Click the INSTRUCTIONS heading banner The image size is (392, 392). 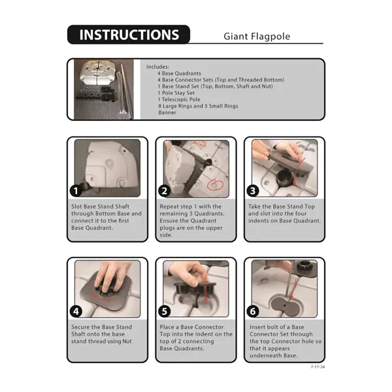129,35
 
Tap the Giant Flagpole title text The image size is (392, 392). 257,37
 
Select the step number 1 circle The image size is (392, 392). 76,191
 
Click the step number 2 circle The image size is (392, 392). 164,191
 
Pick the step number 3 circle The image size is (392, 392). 253,191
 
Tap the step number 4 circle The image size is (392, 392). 76,312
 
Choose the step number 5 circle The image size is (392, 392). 164,312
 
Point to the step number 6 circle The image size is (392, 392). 253,312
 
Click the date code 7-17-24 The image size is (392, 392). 318,367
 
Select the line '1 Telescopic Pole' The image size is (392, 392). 179,99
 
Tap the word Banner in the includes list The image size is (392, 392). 167,112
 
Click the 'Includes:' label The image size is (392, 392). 157,67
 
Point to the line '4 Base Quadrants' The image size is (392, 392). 179,73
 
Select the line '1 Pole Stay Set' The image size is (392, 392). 176,93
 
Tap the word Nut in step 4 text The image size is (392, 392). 127,341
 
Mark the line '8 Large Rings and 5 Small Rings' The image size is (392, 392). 198,106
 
